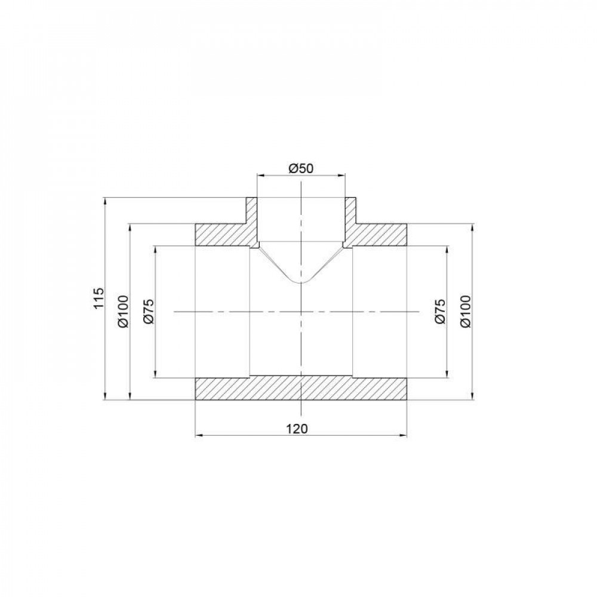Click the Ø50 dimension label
(x=301, y=168)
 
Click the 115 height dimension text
(x=100, y=298)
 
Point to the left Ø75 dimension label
(x=149, y=311)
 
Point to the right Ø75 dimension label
(x=440, y=311)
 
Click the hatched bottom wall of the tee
(x=301, y=388)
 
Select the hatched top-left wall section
(x=224, y=235)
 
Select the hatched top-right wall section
(x=379, y=235)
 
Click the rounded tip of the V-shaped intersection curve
(x=301, y=282)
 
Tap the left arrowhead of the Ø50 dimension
(x=260, y=176)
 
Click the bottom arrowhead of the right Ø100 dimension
(x=472, y=397)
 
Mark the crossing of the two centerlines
(x=301, y=311)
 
